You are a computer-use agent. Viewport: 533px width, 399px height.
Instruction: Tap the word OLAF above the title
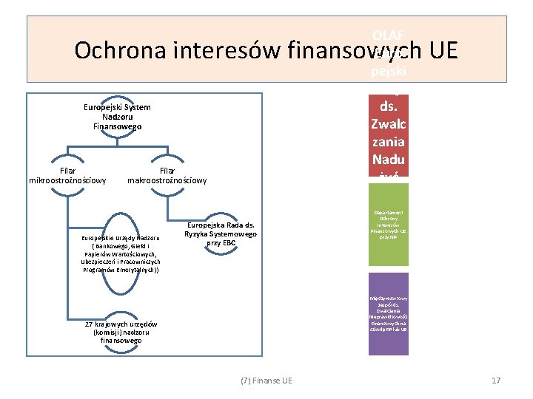388,35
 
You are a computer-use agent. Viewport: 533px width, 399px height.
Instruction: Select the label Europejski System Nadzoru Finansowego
117,117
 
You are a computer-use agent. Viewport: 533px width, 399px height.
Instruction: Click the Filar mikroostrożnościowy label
67,174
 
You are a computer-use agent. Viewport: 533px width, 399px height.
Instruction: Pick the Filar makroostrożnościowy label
167,174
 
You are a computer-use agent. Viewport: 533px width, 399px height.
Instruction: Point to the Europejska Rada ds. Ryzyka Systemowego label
221,233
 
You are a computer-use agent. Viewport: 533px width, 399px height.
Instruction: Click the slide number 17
496,380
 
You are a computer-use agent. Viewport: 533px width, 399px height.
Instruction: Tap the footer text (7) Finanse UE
266,380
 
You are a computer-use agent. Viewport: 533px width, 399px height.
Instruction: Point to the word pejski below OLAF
388,72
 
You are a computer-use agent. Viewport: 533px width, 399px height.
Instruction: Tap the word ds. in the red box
388,106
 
